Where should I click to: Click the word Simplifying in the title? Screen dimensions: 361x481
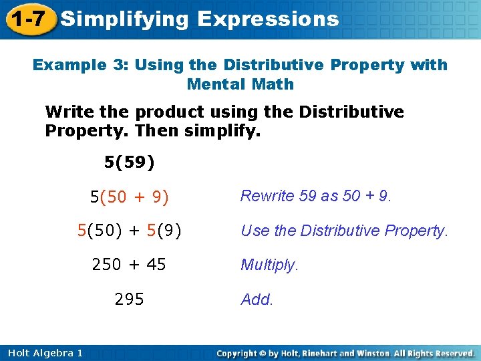click(124, 19)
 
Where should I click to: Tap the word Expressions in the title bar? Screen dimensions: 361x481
click(268, 19)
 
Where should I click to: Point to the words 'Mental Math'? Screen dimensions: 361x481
click(240, 84)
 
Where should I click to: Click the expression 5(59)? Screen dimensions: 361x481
click(130, 161)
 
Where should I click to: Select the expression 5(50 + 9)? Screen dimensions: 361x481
click(130, 197)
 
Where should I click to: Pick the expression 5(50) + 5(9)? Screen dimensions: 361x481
click(130, 231)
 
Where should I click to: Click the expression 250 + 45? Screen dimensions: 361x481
click(130, 265)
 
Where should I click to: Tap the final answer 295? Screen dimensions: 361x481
click(130, 299)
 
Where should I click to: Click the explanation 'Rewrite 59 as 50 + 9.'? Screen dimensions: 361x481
click(316, 196)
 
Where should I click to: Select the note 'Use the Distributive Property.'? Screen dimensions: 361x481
click(344, 231)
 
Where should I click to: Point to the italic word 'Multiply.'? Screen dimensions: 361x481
click(269, 265)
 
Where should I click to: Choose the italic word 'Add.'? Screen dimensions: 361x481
click(257, 299)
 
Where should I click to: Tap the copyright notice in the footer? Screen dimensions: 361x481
click(346, 352)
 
